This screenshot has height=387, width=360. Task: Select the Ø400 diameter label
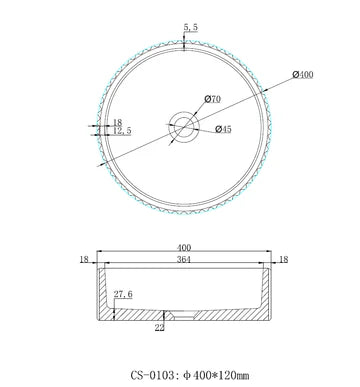[x=304, y=76]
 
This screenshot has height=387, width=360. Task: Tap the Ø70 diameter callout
[x=212, y=97]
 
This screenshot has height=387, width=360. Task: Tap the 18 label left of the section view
[x=84, y=258]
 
